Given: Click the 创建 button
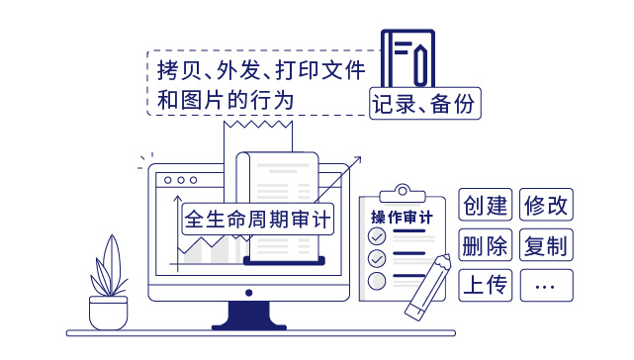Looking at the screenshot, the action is click(485, 205).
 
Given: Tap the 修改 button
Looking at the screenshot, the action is click(547, 205).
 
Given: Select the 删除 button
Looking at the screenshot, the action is click(485, 244).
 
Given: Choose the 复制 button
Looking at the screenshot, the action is click(547, 244).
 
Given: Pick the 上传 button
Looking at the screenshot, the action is click(485, 285).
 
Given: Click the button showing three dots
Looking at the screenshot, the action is click(545, 285).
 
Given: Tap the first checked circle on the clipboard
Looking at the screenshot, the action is click(376, 237).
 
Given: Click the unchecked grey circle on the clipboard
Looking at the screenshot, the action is click(376, 281).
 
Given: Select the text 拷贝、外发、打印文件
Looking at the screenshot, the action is click(262, 71).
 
